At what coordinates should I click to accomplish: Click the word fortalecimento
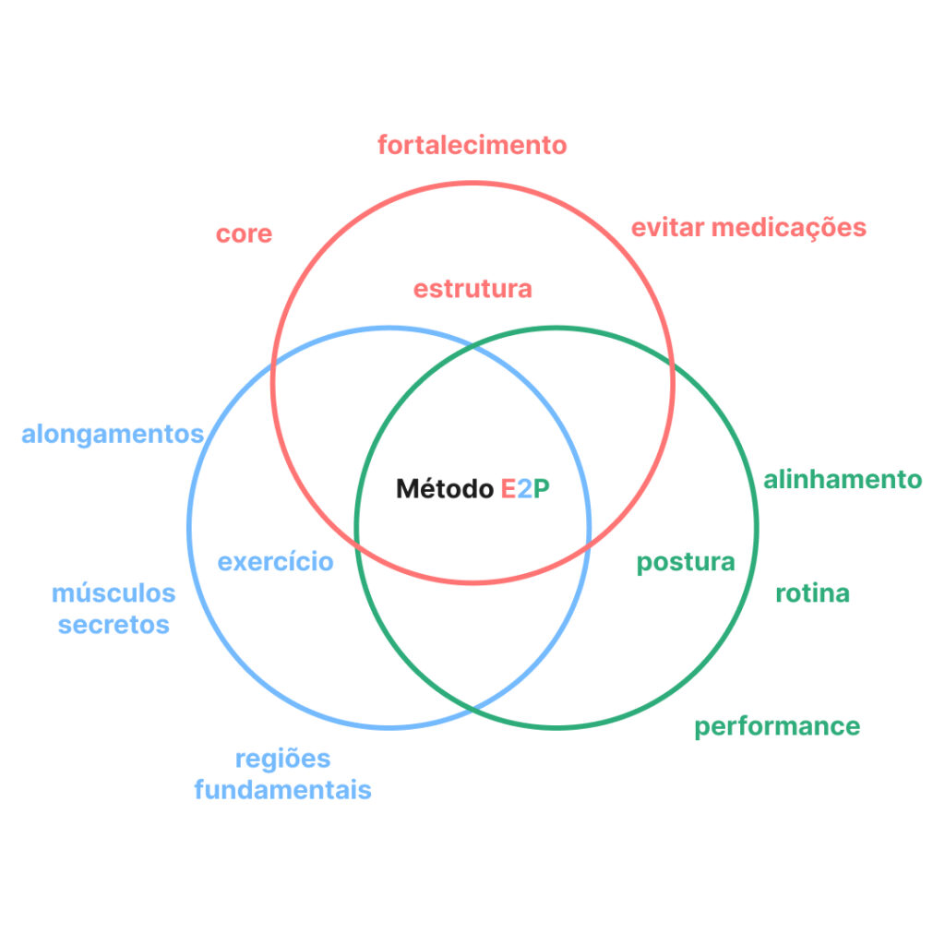point(472,145)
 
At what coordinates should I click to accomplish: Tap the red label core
point(244,233)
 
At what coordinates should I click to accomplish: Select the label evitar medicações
point(748,227)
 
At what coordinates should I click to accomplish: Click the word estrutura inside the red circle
point(472,289)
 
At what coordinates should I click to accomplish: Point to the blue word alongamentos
point(113,434)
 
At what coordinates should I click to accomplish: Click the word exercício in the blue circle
point(275,561)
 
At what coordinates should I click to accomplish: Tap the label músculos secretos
point(114,608)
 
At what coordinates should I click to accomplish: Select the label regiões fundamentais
point(282,774)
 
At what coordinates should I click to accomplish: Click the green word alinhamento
point(842,480)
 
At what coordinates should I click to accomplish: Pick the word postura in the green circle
point(686,562)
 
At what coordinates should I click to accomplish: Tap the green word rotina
point(812,592)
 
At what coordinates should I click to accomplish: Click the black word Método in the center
point(445,489)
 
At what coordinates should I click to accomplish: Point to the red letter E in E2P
point(508,489)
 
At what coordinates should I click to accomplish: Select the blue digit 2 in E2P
point(524,489)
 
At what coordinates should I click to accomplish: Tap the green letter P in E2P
point(542,489)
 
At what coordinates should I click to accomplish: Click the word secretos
point(114,625)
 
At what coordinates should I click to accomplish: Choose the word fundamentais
point(282,790)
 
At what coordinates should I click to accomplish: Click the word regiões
point(282,759)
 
